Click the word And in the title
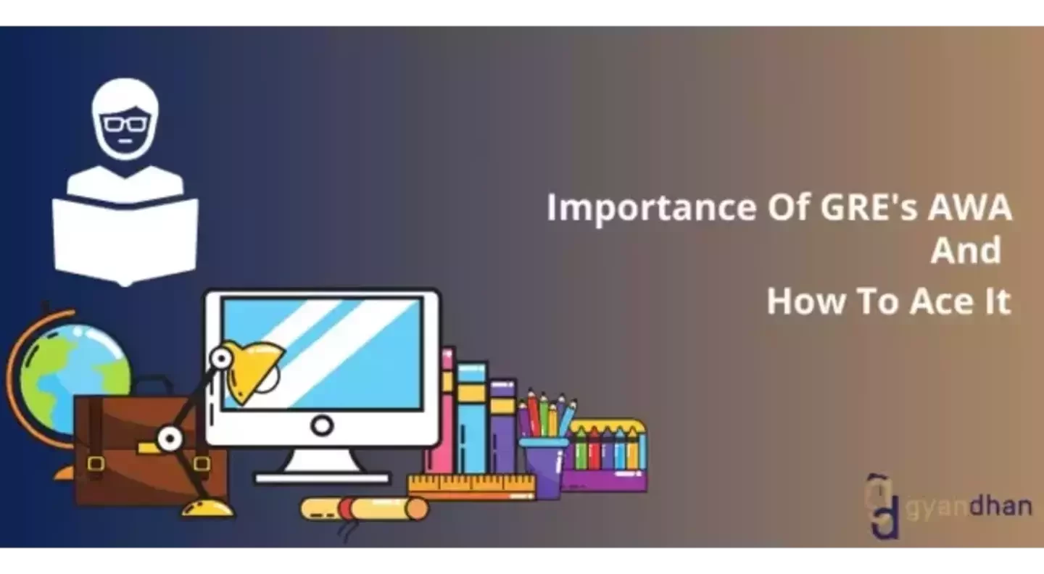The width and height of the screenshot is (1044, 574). point(966,251)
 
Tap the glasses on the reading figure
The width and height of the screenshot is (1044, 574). point(124,124)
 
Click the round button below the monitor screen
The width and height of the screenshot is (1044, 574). point(322,425)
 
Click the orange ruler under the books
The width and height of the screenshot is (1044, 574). point(471,486)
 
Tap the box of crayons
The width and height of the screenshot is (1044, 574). point(605,453)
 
